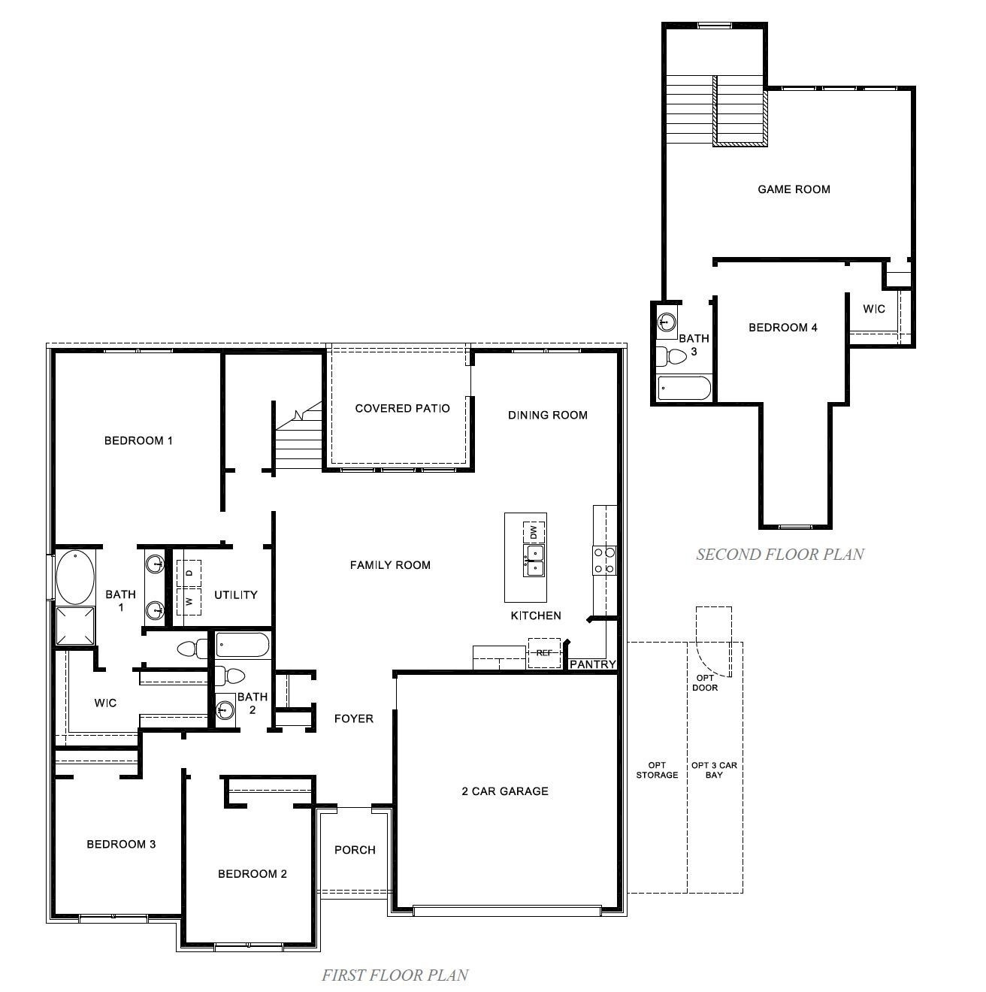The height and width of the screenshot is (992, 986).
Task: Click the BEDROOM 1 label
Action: point(138,440)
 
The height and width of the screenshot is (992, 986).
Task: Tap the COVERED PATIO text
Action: point(402,408)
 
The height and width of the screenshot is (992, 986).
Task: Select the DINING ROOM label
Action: point(547,415)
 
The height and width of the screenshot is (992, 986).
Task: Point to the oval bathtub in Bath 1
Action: point(75,578)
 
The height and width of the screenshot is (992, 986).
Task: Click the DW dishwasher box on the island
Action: point(534,532)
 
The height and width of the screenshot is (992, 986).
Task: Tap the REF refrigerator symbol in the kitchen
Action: point(544,653)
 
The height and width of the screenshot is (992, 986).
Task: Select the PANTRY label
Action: point(592,664)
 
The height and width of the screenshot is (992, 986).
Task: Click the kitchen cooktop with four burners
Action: point(604,560)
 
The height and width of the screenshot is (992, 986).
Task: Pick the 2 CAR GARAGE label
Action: point(504,791)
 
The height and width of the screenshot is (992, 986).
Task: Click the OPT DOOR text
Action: point(705,682)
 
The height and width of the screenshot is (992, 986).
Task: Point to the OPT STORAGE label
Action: point(657,770)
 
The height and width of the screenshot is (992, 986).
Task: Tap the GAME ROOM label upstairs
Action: point(794,189)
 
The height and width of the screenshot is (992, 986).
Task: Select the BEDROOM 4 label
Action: point(782,328)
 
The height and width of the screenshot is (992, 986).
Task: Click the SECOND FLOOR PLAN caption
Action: point(779,555)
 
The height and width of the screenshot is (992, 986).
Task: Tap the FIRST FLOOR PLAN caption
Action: point(395,975)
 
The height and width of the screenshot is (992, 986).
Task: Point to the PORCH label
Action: point(355,850)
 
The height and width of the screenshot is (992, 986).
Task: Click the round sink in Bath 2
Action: point(224,709)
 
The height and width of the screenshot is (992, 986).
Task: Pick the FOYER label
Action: point(353,719)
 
